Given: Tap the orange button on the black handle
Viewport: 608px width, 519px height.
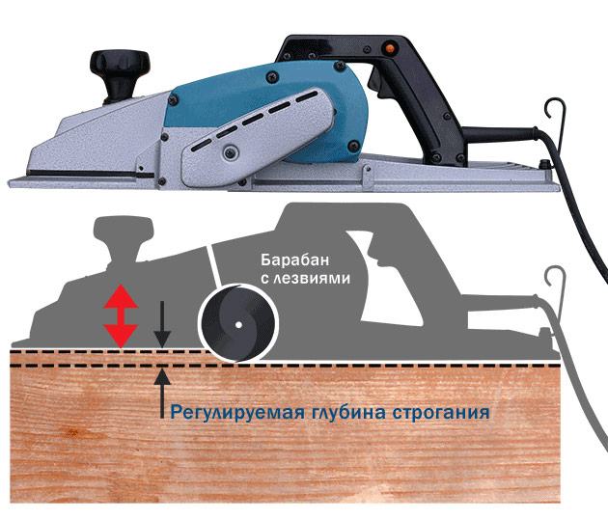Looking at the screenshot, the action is [x=388, y=48].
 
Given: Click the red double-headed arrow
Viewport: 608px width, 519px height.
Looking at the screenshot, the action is [x=121, y=315].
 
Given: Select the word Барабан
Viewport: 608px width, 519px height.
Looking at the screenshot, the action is [x=294, y=259].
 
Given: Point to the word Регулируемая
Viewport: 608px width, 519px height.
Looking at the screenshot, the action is [x=237, y=412].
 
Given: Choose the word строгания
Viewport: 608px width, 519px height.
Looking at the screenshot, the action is [x=441, y=412].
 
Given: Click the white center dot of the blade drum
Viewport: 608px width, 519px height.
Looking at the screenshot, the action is [x=239, y=324].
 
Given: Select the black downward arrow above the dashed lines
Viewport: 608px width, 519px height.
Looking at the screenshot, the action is [x=162, y=324].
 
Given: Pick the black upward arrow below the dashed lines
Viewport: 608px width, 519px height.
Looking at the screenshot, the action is [x=162, y=393].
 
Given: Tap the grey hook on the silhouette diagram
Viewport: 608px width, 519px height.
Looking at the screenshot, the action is [x=557, y=294].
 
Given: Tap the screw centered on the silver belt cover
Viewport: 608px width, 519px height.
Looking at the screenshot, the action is [x=230, y=151].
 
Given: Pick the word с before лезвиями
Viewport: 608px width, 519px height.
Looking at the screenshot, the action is [x=264, y=279].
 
